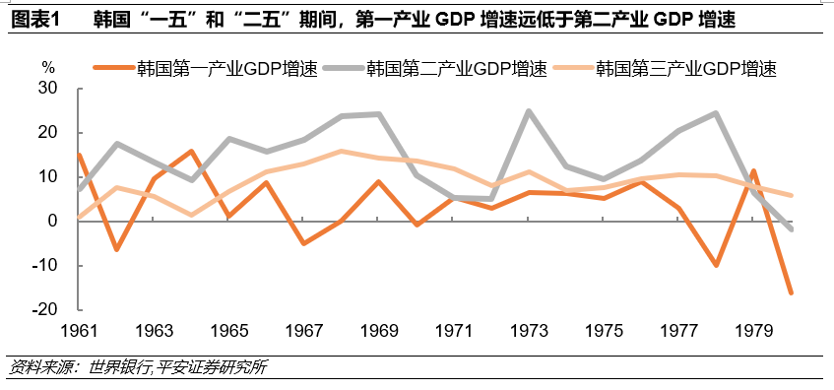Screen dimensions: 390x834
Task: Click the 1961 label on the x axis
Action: pyautogui.click(x=78, y=330)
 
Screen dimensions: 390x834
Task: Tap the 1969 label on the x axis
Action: pyautogui.click(x=378, y=330)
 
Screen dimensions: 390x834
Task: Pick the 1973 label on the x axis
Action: pyautogui.click(x=529, y=330)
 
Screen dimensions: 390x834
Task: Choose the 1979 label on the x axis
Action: pyautogui.click(x=753, y=330)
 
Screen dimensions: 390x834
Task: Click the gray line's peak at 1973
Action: pyautogui.click(x=529, y=111)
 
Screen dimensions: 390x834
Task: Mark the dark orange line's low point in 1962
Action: pyautogui.click(x=116, y=249)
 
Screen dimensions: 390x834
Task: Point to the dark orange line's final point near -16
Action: pyautogui.click(x=791, y=292)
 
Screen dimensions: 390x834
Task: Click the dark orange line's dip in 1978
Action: pyautogui.click(x=716, y=265)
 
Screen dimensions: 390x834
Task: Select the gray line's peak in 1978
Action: pyautogui.click(x=716, y=113)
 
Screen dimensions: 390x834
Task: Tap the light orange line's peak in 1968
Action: pyautogui.click(x=341, y=152)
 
